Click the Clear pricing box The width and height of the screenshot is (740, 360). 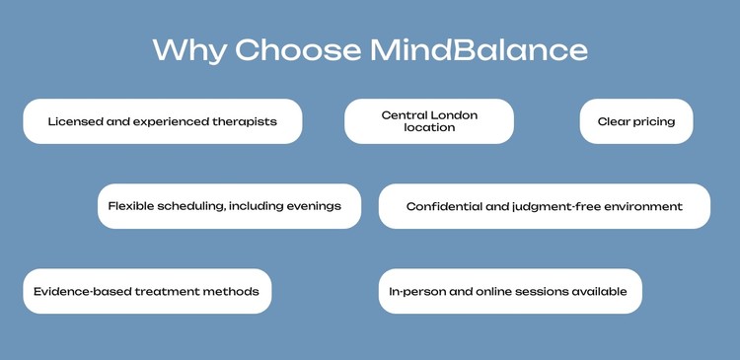pyautogui.click(x=636, y=121)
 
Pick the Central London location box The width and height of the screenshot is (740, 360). pyautogui.click(x=429, y=121)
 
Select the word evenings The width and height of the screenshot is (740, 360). pyautogui.click(x=312, y=206)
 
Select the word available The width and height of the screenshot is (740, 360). pyautogui.click(x=601, y=292)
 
